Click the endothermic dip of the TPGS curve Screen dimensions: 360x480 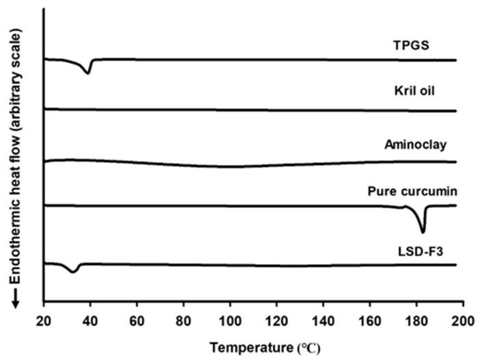click(88, 72)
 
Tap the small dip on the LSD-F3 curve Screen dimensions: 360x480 click(73, 272)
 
